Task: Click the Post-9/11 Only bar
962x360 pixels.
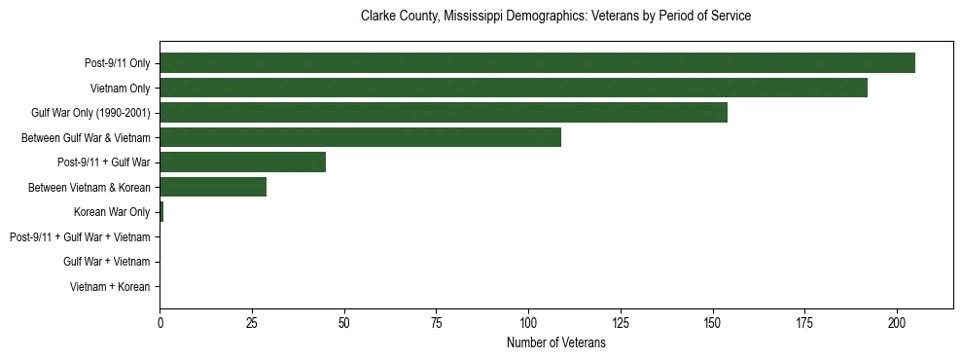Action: point(537,63)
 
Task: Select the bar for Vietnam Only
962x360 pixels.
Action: point(514,89)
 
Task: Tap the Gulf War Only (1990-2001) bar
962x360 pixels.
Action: point(444,113)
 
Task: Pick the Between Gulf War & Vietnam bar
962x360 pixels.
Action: point(360,138)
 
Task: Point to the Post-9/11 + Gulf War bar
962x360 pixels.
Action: point(242,162)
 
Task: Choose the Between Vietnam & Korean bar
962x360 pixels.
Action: point(213,187)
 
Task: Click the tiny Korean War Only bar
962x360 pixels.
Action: point(161,212)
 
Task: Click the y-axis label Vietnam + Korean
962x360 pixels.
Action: point(110,287)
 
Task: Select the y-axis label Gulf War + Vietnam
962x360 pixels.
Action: point(107,262)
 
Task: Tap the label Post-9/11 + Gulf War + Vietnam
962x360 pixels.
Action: point(80,237)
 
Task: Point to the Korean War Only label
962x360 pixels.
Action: point(112,212)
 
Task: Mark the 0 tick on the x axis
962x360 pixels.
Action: point(160,322)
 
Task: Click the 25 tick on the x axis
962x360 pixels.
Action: point(252,322)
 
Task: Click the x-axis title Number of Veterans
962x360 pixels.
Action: point(556,342)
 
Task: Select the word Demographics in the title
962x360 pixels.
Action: point(550,17)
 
